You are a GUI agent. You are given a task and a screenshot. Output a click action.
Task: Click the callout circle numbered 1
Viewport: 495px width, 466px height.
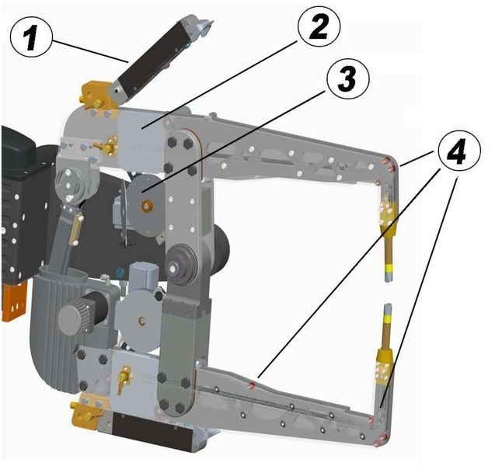coord(31,37)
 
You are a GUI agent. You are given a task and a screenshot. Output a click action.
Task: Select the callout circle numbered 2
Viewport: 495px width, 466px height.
coord(318,26)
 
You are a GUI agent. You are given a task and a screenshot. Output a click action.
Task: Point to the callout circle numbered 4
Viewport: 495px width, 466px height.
coord(458,151)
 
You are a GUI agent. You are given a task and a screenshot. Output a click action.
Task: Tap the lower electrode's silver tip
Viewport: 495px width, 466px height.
coord(388,310)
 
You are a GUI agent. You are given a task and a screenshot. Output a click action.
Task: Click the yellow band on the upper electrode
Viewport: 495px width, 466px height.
coord(390,269)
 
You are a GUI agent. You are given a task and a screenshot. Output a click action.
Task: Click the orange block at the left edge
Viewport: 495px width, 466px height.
coord(14,301)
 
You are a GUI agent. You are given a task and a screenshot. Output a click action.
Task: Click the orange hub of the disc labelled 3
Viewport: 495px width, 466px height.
coord(147,207)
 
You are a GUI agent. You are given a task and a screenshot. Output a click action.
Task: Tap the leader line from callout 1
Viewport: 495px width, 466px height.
coord(89,50)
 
